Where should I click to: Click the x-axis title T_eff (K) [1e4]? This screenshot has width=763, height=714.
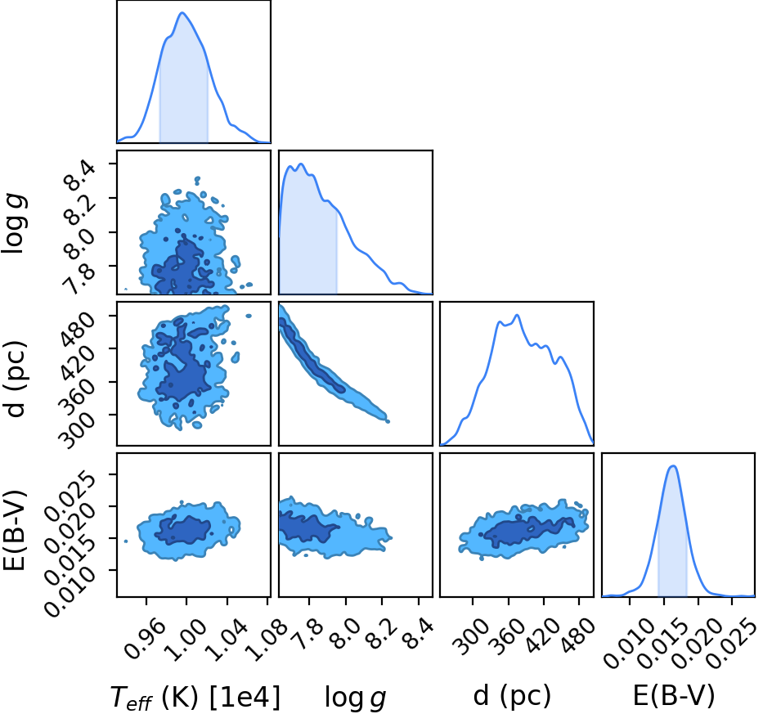tap(195, 697)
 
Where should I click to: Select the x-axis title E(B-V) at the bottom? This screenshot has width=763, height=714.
tap(674, 695)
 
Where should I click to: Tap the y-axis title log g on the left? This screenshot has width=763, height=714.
tap(15, 223)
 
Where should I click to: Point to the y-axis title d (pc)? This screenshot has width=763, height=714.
tap(15, 380)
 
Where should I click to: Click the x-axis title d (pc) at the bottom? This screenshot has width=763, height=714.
tap(512, 695)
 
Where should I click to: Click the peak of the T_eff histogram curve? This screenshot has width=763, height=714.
tap(182, 12)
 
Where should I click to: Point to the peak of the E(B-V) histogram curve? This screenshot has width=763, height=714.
tap(673, 466)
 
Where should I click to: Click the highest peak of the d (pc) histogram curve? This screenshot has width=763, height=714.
tap(517, 315)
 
